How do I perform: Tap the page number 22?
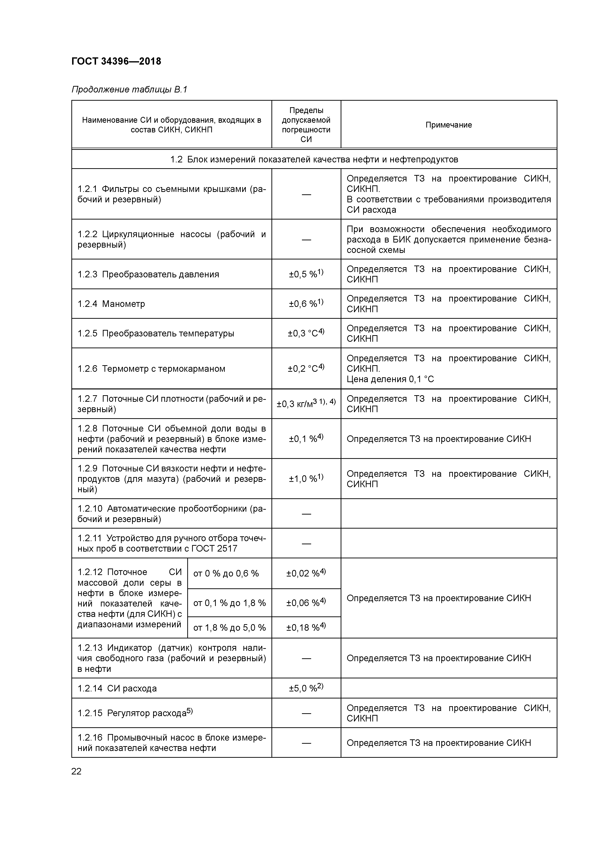coord(76,771)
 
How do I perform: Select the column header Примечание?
coord(449,125)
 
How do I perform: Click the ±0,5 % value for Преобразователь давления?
coord(306,274)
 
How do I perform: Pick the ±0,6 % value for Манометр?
coord(306,303)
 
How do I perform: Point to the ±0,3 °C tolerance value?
coord(306,333)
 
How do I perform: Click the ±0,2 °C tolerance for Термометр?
coord(306,369)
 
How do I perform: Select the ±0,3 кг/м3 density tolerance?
coord(306,403)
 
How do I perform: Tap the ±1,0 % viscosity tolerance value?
coord(306,478)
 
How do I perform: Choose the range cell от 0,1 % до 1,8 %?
coord(229,603)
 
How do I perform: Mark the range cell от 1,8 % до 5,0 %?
coord(229,628)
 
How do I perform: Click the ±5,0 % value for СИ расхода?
coord(306,688)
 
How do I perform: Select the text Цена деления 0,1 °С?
coord(390,379)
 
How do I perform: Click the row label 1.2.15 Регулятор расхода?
coord(135,713)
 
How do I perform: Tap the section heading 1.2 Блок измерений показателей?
coord(314,159)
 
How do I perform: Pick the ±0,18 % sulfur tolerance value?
coord(306,628)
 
